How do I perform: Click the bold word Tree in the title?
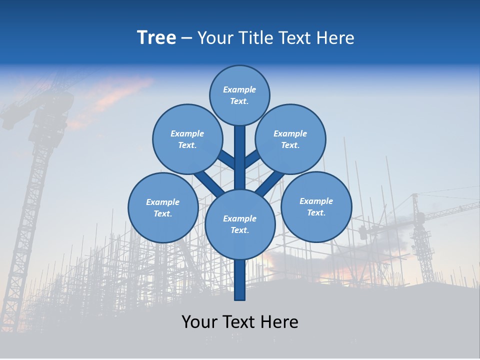click(x=156, y=38)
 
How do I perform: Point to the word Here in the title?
click(x=335, y=38)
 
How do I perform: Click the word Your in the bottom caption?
click(x=200, y=322)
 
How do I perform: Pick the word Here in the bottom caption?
click(x=279, y=322)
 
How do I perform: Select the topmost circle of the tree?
click(x=239, y=95)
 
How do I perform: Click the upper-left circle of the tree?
click(x=187, y=139)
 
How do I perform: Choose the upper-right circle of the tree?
click(x=290, y=139)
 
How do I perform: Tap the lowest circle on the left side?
click(x=163, y=208)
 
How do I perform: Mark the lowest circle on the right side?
click(x=316, y=207)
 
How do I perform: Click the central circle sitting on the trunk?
click(x=240, y=224)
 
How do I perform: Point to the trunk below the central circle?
click(x=240, y=280)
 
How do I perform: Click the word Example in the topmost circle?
click(x=239, y=90)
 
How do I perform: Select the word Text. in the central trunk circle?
click(x=239, y=230)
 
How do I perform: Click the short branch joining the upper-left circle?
click(x=226, y=160)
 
